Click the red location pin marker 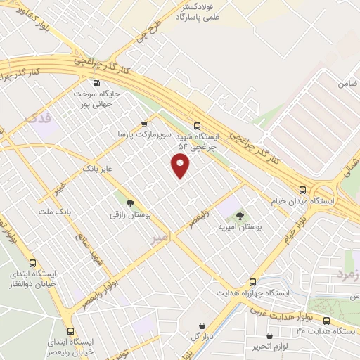click(181, 166)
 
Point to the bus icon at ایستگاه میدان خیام click(303, 190)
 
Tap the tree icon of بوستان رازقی click(129, 202)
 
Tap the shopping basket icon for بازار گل click(203, 326)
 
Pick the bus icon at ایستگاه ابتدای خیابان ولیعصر click(70, 331)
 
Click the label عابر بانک click(97, 169)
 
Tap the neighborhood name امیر click(161, 240)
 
